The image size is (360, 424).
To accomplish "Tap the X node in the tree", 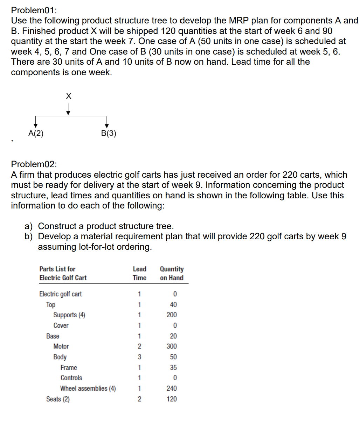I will pos(69,96).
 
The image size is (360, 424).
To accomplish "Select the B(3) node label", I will pos(108,133).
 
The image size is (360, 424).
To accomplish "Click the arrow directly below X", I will pos(69,110).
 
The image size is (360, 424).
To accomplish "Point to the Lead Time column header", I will pos(139,273).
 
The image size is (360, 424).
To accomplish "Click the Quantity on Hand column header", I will pos(172,273).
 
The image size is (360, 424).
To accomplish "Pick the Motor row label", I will pos(61,346).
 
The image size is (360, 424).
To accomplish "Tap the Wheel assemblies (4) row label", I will pos(88,388).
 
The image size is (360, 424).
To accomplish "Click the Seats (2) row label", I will pos(58,399).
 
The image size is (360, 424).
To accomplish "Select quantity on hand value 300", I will pos(172,346).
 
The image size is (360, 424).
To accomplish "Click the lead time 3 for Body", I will pos(139,357).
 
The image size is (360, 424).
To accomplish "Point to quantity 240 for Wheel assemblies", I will pos(172,388).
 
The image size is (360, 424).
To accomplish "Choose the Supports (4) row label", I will pos(69,315).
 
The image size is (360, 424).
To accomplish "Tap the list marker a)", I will pos(29,226).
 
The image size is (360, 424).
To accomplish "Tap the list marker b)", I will pos(29,237).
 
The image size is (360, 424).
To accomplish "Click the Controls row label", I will pos(71,378).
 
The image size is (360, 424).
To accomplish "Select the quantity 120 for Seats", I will pos(172,399).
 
